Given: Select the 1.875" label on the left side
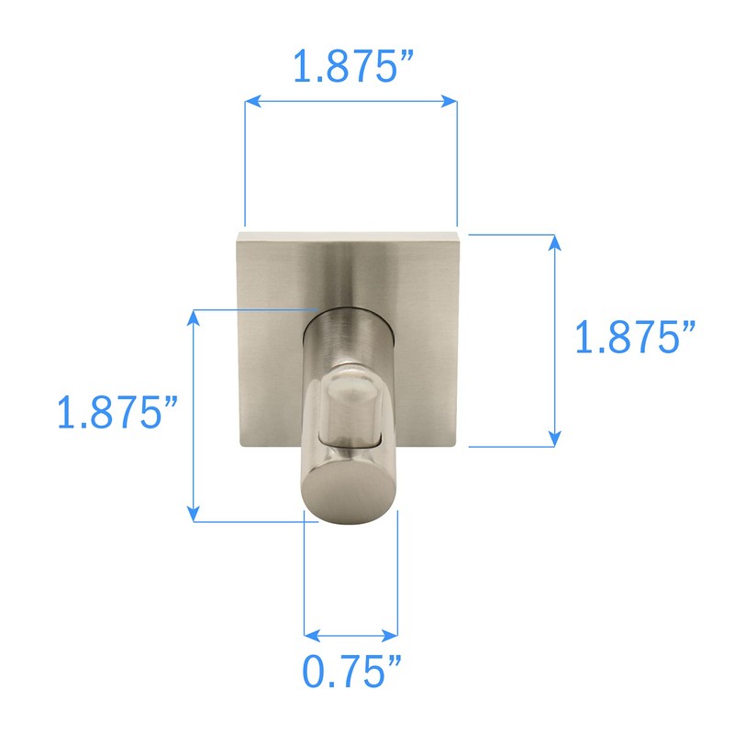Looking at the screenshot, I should click(x=117, y=413).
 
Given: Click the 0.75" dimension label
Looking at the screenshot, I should click(x=353, y=674).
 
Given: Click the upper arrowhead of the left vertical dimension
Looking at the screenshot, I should click(x=194, y=317).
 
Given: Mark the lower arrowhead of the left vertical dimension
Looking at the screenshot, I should click(x=194, y=516).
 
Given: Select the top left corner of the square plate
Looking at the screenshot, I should click(x=238, y=235).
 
